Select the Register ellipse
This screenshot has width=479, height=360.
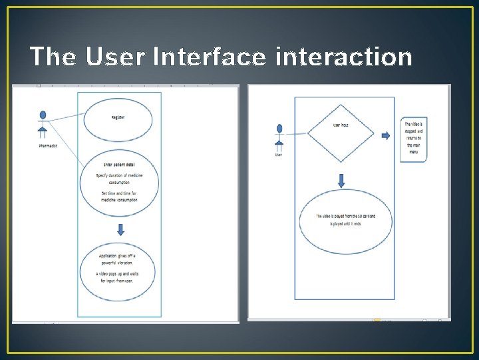(x=118, y=118)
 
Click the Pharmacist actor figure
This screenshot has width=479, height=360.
(x=43, y=123)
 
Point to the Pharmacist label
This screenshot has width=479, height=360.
(x=47, y=146)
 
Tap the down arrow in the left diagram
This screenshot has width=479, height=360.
(x=120, y=229)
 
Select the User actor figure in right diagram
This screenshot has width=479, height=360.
(x=279, y=136)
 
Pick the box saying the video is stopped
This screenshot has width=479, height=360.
(x=414, y=140)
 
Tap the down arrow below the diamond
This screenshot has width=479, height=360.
(x=341, y=180)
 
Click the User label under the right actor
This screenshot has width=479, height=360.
(x=279, y=155)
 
